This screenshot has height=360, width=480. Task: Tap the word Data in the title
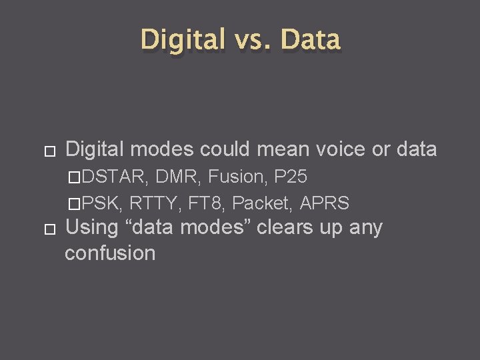click(311, 39)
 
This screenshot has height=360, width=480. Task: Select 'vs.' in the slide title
click(252, 40)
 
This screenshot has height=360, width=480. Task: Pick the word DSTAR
click(117, 177)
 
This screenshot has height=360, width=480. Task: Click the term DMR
click(179, 177)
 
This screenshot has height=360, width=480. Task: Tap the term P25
click(291, 177)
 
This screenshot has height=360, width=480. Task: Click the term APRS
click(325, 203)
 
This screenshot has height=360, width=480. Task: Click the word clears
click(285, 227)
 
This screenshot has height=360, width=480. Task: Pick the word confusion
click(110, 253)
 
